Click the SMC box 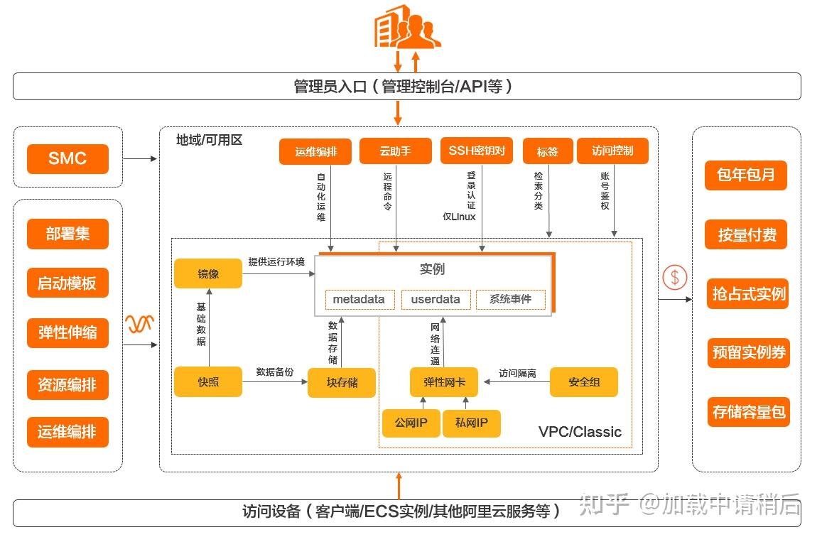(x=67, y=158)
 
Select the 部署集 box (x=67, y=234)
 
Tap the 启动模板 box (x=67, y=283)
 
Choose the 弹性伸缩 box (x=67, y=332)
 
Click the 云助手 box (x=395, y=151)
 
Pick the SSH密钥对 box (x=476, y=151)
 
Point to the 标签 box (x=547, y=151)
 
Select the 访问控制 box (x=612, y=151)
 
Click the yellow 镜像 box (x=208, y=273)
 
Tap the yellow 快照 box (x=208, y=382)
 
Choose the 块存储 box (x=342, y=383)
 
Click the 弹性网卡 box (x=445, y=382)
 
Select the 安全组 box (x=584, y=382)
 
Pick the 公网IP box (x=411, y=423)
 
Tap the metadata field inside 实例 (x=359, y=299)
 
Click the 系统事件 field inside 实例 (x=510, y=299)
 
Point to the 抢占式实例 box (x=748, y=294)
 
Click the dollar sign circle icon (x=674, y=277)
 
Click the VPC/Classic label (x=580, y=432)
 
